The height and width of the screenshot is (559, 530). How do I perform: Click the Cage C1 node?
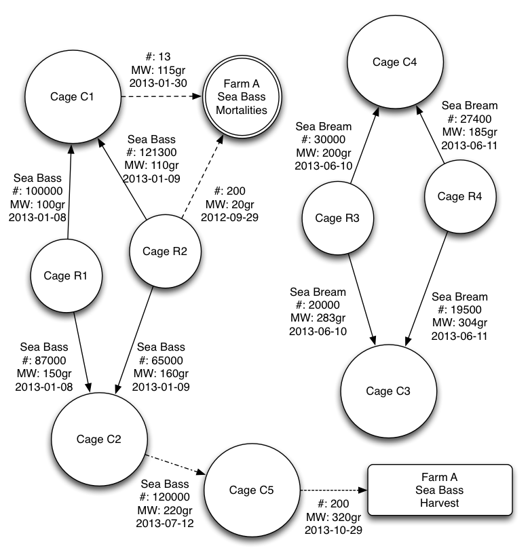[x=73, y=96]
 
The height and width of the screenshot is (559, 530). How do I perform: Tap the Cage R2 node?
[x=166, y=252]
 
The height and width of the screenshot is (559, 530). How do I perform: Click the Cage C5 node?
[x=251, y=490]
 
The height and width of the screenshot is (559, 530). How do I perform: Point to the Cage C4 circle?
[x=395, y=62]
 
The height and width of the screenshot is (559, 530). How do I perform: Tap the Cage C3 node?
[x=388, y=391]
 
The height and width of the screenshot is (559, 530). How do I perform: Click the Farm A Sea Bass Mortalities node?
[x=236, y=98]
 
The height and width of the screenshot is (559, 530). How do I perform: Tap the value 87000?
[x=52, y=360]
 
